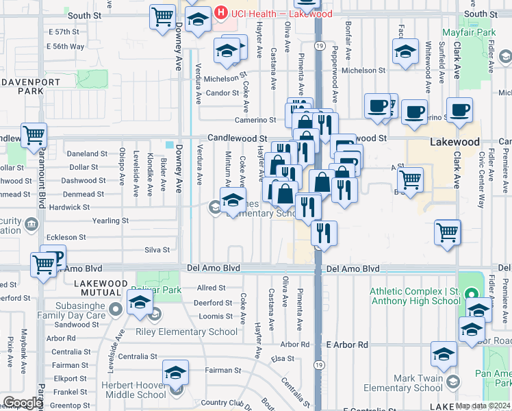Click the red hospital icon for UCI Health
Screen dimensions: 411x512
point(221,14)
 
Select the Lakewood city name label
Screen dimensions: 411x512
point(455,142)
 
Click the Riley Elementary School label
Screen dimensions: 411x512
point(199,332)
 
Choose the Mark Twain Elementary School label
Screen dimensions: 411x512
point(403,383)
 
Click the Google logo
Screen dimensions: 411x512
point(23,403)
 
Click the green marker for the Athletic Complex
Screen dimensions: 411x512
point(471,295)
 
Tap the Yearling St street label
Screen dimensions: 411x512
point(110,221)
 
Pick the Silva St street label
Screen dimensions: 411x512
point(157,250)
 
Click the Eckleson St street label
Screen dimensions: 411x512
point(66,237)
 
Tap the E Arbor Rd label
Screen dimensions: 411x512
point(347,345)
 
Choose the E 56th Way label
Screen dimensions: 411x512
point(66,47)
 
